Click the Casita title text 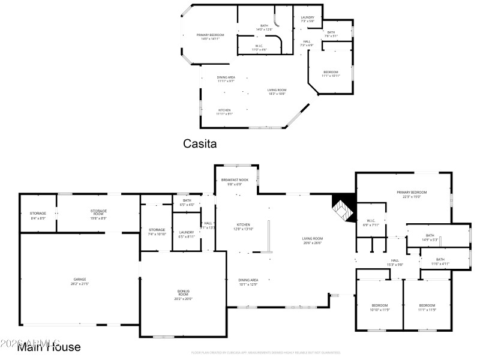click(x=199, y=144)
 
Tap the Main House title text click(x=49, y=347)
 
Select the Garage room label click(x=80, y=281)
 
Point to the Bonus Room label click(x=183, y=293)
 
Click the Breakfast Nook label click(x=231, y=182)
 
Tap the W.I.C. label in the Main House click(x=368, y=223)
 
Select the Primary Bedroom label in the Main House click(x=409, y=194)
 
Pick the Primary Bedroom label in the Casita click(x=211, y=37)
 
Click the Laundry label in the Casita click(x=307, y=19)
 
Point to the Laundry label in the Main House click(x=186, y=235)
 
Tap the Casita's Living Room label click(x=277, y=92)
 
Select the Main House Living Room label click(x=312, y=241)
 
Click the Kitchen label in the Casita click(x=224, y=112)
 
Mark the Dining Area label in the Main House click(x=248, y=281)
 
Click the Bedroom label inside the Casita click(x=331, y=74)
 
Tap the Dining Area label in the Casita click(x=226, y=79)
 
